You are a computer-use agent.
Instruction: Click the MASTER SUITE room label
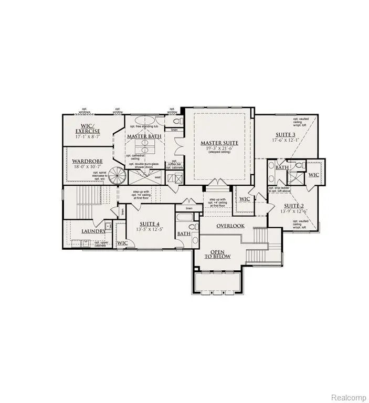[219, 143]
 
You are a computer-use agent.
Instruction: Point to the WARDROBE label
[87, 161]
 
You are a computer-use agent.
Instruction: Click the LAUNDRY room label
[94, 231]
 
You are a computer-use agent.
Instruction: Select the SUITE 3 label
[285, 134]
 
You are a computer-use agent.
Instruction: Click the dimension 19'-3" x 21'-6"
[219, 149]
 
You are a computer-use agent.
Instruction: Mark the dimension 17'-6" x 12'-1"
[285, 140]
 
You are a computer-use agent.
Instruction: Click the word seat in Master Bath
[157, 177]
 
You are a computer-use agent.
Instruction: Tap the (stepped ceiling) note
[219, 153]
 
